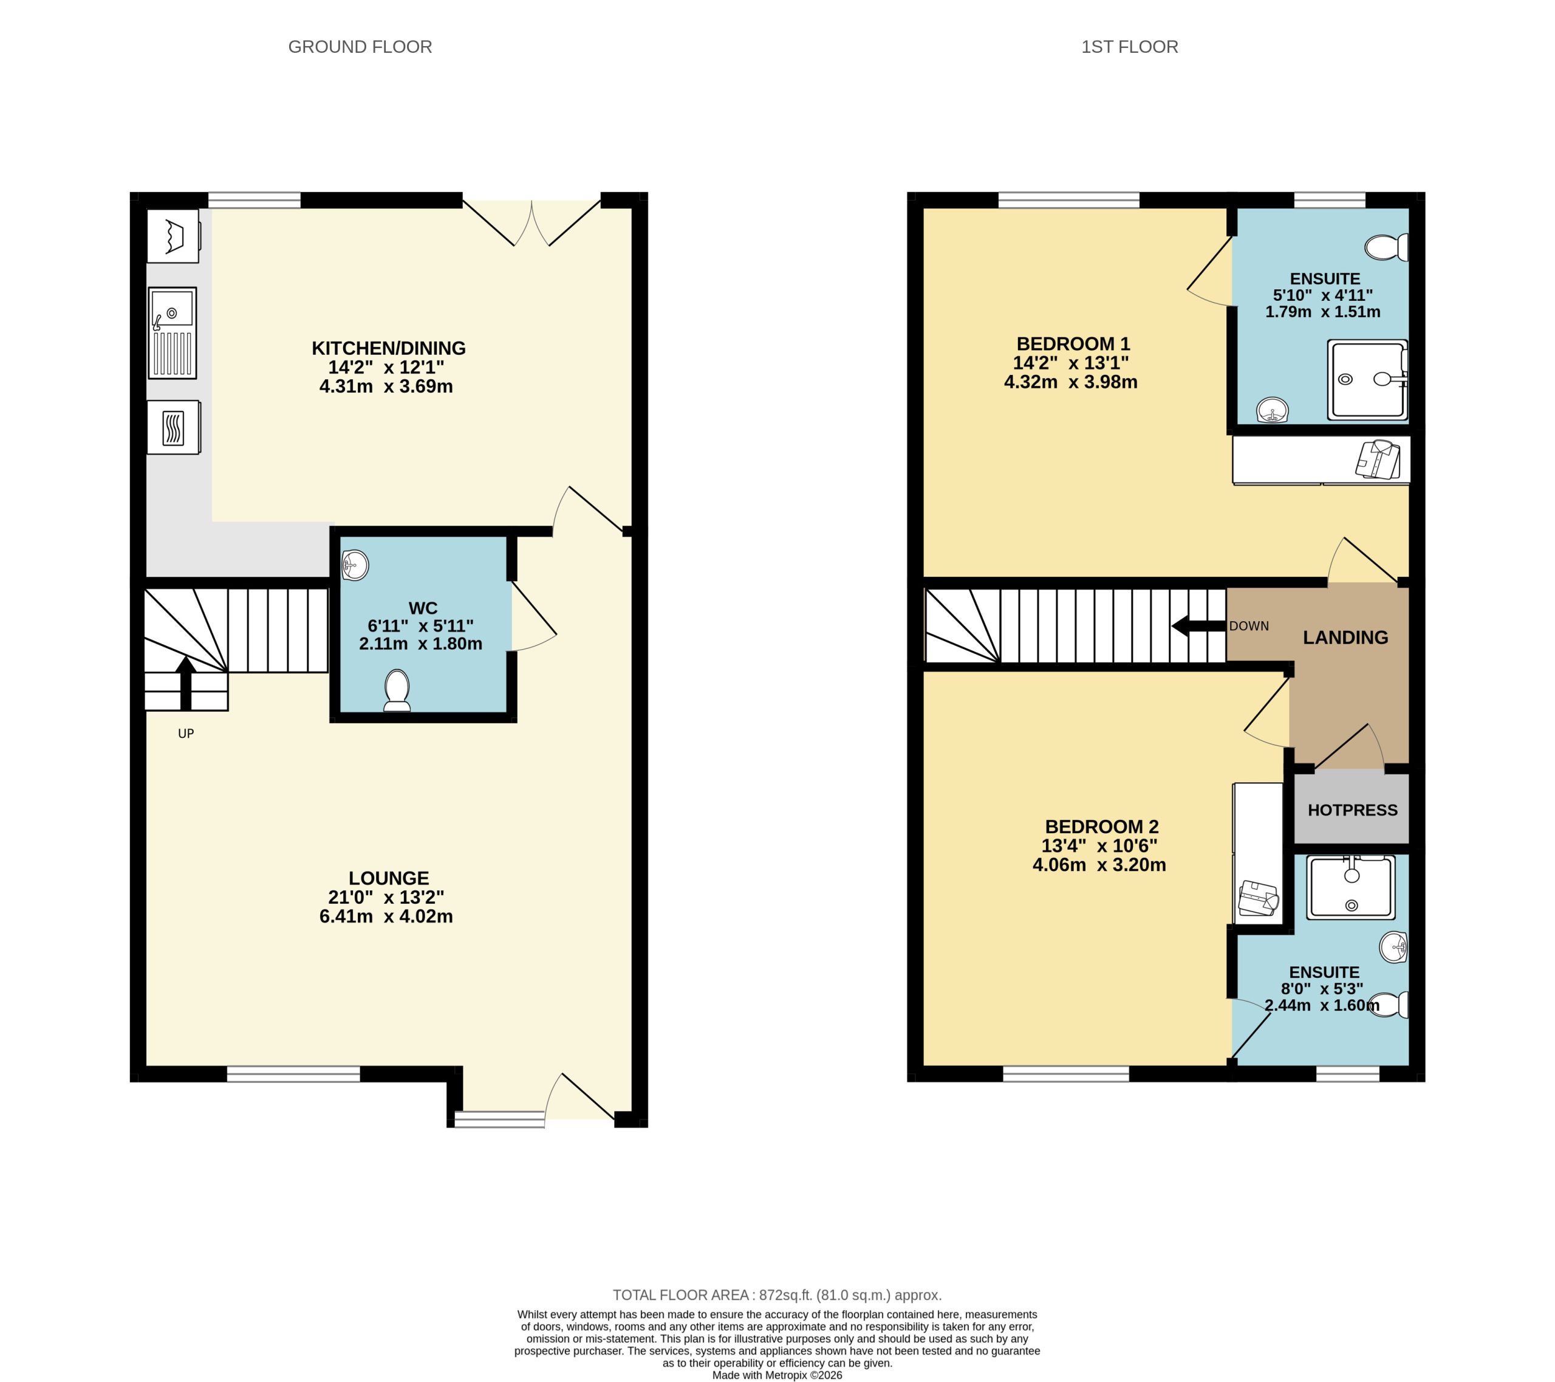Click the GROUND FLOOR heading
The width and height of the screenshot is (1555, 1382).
[360, 47]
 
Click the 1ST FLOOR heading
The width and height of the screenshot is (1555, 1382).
[1129, 47]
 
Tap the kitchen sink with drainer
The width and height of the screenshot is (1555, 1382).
[172, 332]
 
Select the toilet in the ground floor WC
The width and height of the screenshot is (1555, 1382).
[397, 689]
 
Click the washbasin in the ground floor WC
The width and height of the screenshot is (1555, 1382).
[355, 565]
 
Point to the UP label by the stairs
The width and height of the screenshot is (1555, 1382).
[186, 734]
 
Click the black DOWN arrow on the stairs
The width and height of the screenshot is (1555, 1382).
[1198, 627]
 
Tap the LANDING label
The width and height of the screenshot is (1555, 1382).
[1345, 638]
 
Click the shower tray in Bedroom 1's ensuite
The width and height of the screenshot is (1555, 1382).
[1367, 379]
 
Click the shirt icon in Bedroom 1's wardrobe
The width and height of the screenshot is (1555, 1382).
[1378, 459]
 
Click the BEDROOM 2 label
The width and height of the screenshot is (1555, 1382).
[1101, 827]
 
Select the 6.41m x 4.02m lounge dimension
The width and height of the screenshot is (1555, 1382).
[386, 917]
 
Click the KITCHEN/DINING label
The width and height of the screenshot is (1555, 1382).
[388, 349]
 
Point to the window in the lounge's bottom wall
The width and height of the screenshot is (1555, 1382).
[293, 1074]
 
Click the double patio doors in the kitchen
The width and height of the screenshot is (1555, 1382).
[531, 221]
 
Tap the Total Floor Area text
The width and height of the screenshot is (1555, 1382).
[777, 1295]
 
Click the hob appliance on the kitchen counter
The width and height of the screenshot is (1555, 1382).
[174, 428]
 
